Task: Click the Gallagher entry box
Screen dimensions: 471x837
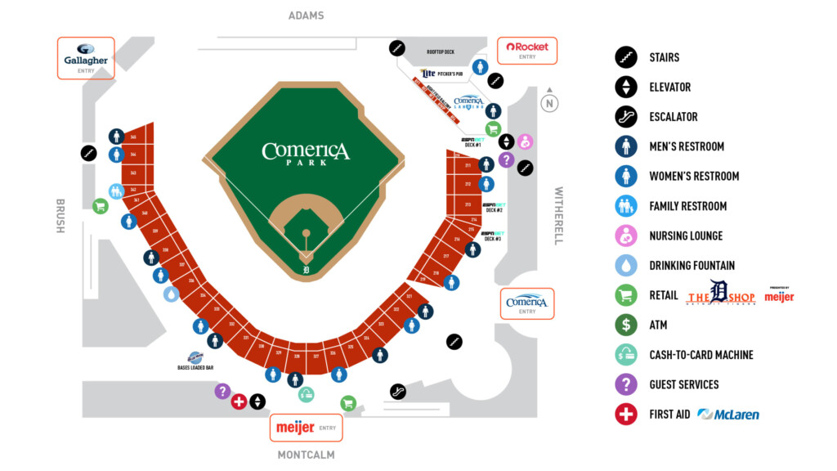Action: coord(86,58)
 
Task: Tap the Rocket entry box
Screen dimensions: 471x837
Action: coord(527,51)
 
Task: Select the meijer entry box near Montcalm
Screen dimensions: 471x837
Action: coord(306,428)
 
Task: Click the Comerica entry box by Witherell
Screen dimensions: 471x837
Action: coord(527,303)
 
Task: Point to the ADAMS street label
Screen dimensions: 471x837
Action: coord(307,16)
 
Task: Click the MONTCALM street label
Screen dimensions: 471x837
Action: coord(306,455)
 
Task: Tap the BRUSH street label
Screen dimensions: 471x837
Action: coord(60,216)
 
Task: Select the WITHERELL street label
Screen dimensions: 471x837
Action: coord(559,216)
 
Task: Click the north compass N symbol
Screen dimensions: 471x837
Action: coord(550,103)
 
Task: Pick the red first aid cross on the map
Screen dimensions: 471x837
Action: coord(239,401)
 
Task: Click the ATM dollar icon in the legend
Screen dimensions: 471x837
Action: coord(626,325)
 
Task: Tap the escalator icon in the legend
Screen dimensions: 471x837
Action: coord(626,117)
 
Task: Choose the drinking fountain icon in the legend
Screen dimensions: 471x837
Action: coord(626,265)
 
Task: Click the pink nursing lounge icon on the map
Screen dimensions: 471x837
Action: coord(525,142)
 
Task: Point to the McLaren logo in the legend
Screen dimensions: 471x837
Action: coord(728,415)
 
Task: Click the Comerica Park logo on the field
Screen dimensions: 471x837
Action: coord(306,153)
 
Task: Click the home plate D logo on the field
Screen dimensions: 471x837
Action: coord(307,269)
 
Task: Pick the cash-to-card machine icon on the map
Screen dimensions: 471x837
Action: coord(306,395)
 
